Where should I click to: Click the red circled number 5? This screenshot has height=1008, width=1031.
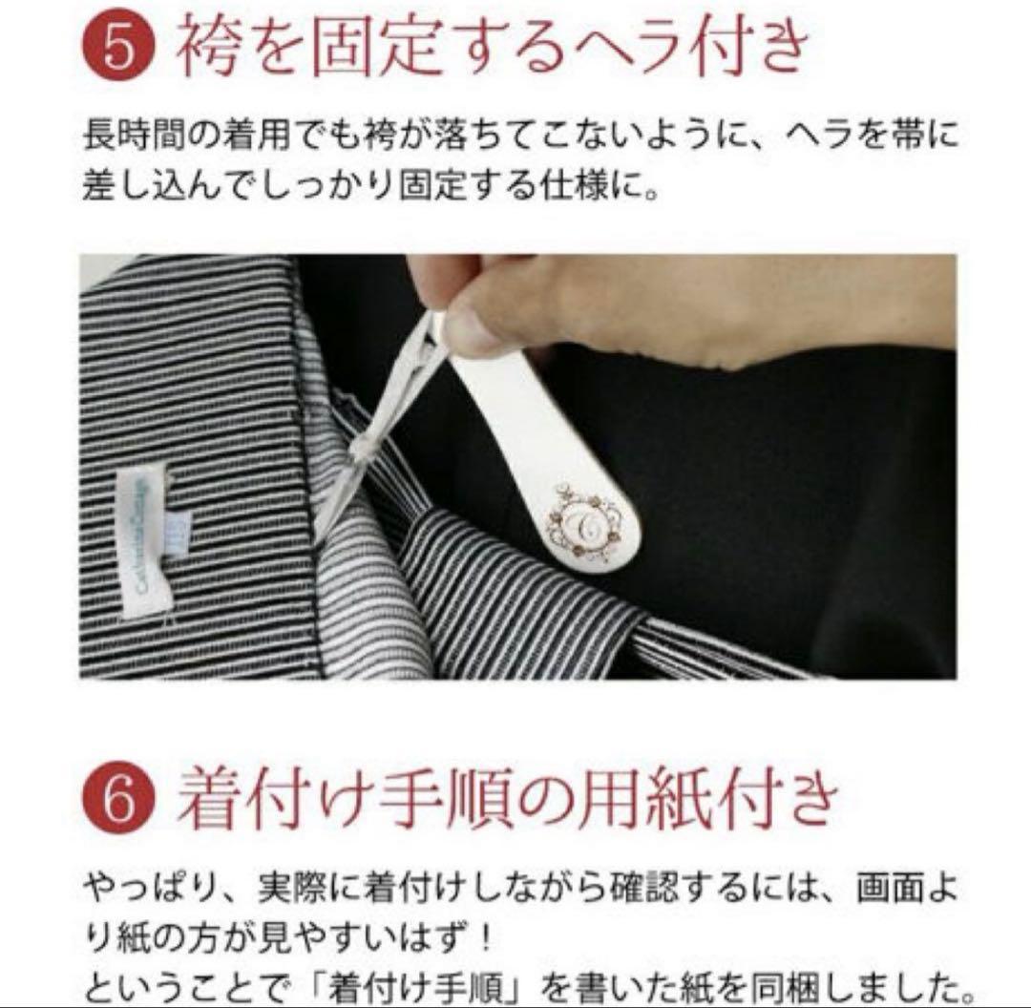[x=118, y=45]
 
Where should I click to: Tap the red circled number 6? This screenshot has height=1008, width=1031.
[x=118, y=798]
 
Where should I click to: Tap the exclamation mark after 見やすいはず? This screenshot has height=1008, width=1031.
[x=486, y=938]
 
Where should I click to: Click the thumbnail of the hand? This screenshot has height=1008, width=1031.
[x=474, y=333]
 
